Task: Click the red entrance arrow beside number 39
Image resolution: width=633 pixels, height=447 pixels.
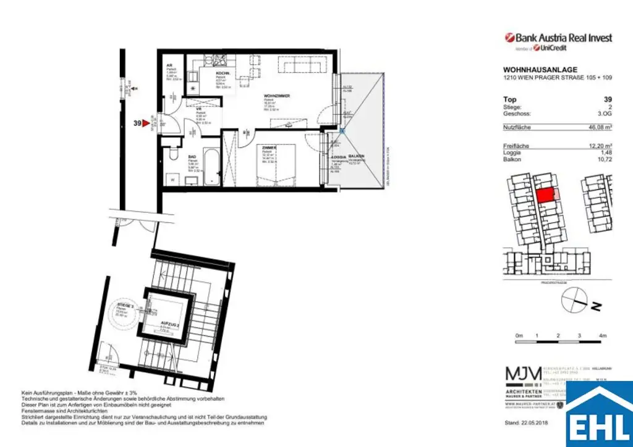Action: [147, 123]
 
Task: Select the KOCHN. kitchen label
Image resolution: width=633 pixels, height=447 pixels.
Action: [223, 73]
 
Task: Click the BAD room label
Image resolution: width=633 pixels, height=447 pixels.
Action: [192, 157]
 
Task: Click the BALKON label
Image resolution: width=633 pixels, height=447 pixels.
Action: [355, 156]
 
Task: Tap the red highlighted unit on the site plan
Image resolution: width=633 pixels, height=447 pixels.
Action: [545, 196]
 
